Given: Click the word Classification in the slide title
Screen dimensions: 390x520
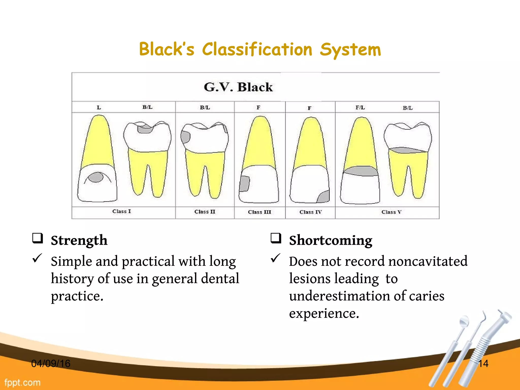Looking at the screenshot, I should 257,49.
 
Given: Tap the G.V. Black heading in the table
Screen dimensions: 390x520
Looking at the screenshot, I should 238,87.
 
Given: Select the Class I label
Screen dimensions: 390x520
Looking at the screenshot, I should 122,211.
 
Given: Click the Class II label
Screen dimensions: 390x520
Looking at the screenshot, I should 205,212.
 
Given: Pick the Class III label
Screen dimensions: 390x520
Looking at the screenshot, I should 259,212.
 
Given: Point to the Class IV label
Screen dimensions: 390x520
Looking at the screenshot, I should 311,212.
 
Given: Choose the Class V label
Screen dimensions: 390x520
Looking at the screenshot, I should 391,212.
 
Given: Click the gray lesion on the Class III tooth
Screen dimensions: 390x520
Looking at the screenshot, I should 244,184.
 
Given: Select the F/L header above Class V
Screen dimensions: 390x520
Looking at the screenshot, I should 360,108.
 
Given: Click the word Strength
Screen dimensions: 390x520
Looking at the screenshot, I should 79,240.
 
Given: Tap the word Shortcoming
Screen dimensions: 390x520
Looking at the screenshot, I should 331,240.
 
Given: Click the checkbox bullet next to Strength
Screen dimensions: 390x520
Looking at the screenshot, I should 38,238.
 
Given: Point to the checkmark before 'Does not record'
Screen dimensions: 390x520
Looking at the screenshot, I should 275,258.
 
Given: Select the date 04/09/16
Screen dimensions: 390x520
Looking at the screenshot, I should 51,364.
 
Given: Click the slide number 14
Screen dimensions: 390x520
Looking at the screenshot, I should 483,364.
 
